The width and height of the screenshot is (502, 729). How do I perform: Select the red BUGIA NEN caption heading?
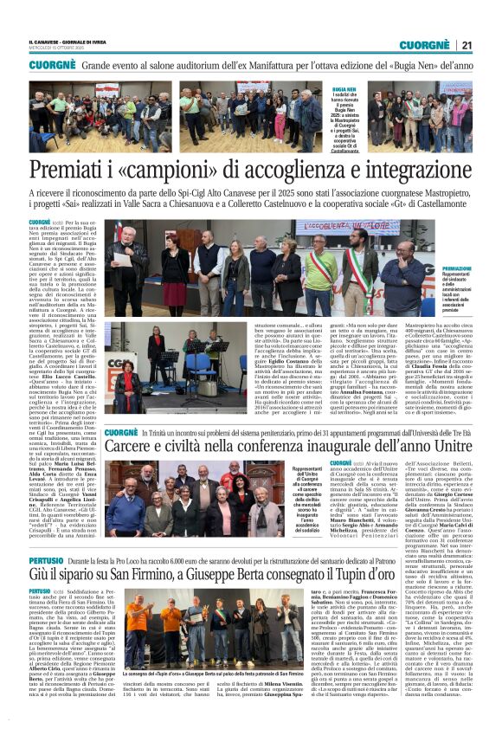[x=344, y=89]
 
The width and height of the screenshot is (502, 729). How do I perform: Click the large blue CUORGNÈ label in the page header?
[x=422, y=44]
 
